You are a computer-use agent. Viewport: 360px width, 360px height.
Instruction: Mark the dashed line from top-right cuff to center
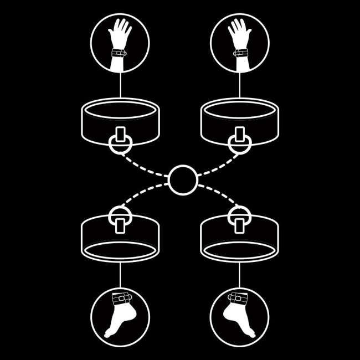(217, 166)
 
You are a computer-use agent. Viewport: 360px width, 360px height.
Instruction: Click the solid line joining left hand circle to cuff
(120, 86)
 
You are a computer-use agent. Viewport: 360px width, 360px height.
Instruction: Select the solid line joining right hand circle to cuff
(240, 86)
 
